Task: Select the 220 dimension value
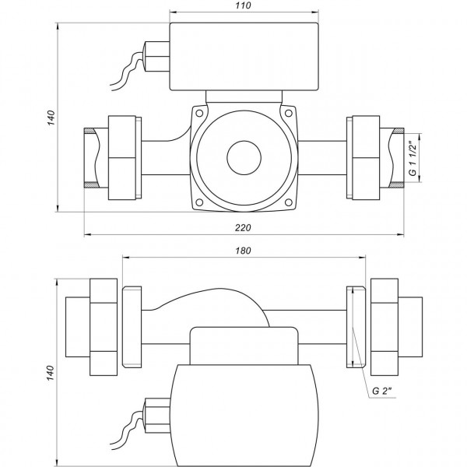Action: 243,227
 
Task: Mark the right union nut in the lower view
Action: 384,325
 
